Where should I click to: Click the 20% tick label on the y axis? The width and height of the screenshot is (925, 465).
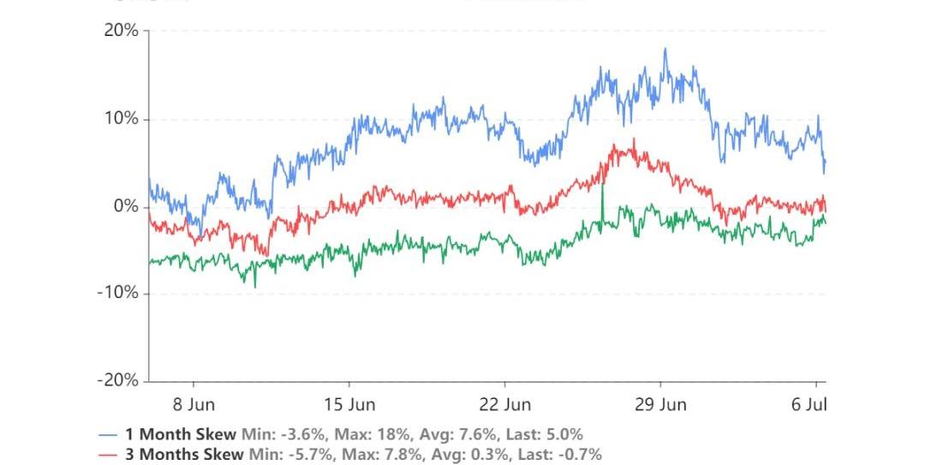coord(121,31)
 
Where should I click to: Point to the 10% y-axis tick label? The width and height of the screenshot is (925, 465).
coord(121,119)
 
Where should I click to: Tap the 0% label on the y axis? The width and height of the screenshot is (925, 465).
coord(125,206)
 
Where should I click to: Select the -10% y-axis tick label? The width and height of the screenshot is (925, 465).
coord(117,294)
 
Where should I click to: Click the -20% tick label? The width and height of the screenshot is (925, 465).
coord(117,380)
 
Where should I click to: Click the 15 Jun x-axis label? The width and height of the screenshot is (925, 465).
coord(349,403)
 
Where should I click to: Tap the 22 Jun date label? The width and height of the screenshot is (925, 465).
coord(504,403)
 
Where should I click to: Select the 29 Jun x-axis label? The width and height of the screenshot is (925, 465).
coord(661,403)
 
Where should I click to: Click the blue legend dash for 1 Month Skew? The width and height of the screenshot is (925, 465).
coord(108,435)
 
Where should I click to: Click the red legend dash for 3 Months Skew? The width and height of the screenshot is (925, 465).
coord(108,455)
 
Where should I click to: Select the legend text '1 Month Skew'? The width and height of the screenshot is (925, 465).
coord(181,434)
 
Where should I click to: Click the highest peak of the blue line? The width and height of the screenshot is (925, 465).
coord(665,50)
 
